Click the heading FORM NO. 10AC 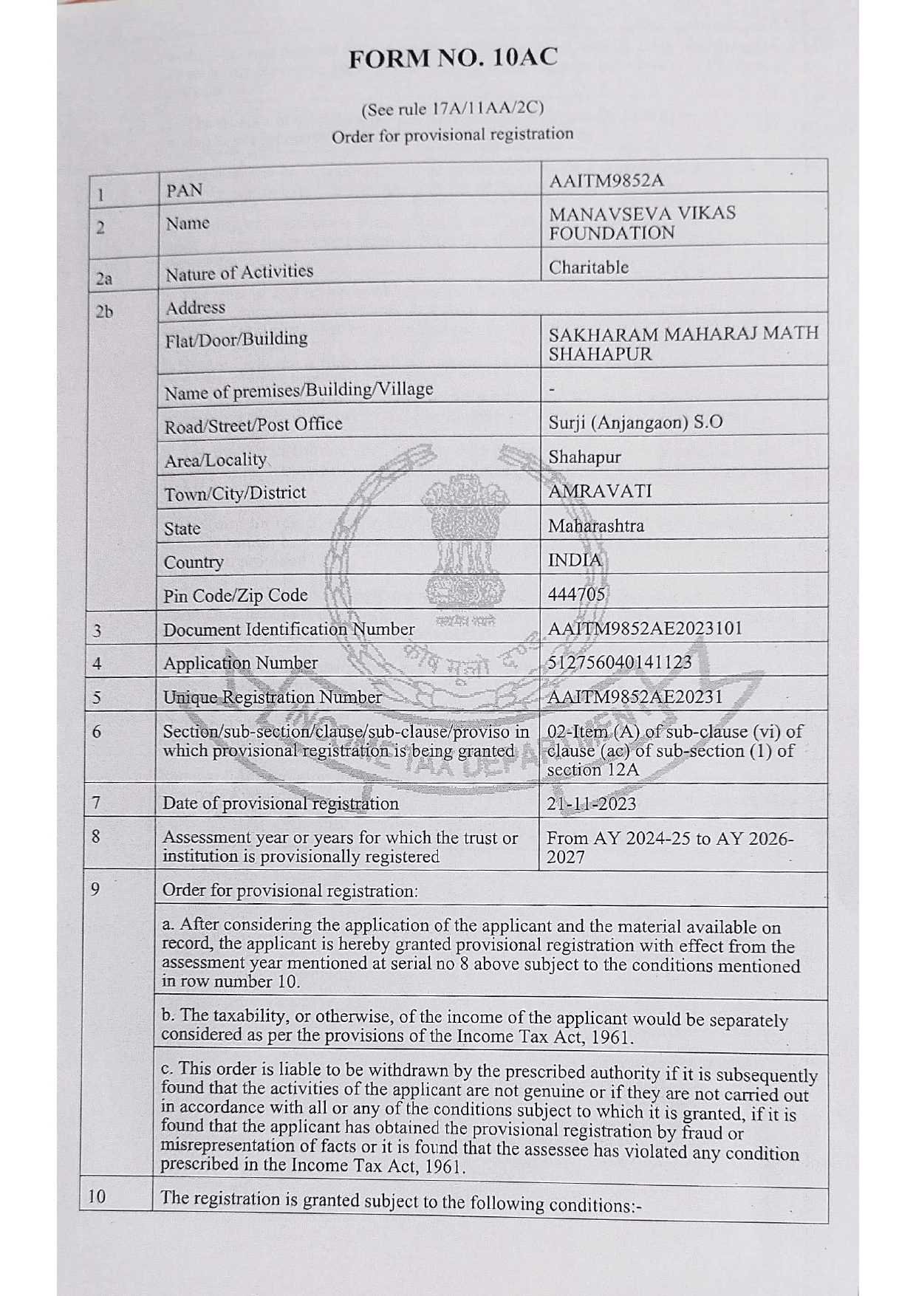coord(453,58)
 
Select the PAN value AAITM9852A coord(606,180)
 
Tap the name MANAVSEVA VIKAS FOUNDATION coord(641,223)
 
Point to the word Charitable coord(588,267)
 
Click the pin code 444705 coord(576,594)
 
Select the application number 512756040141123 coord(619,662)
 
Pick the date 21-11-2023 coord(591,803)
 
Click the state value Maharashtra coord(595,526)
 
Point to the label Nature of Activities coord(239,272)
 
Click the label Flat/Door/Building coord(236,339)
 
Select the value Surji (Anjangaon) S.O coord(635,422)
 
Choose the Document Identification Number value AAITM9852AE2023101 coord(644,628)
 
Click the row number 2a coord(103,278)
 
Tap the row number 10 coord(97,1196)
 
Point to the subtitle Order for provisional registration coord(452,135)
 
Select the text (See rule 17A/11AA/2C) coord(452,109)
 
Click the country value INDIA coord(575,560)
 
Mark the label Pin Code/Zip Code coord(235,595)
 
